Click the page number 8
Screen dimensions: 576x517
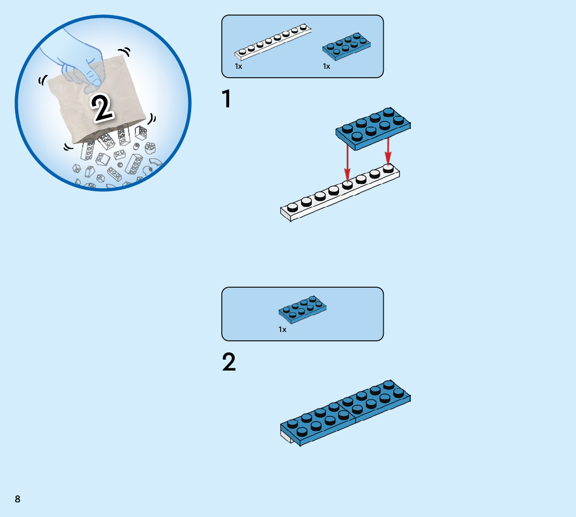click(18, 499)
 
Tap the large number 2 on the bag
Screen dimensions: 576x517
click(102, 108)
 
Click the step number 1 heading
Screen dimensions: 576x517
click(227, 100)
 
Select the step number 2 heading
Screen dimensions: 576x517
click(229, 363)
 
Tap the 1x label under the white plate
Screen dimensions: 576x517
click(239, 67)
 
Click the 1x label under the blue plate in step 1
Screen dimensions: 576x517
click(327, 67)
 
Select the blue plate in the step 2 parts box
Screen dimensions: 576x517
click(302, 309)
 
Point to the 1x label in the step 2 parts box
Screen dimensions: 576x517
click(282, 329)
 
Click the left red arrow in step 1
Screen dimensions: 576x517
click(347, 164)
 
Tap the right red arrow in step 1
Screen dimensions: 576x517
click(387, 151)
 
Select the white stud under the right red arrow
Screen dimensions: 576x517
click(387, 167)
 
